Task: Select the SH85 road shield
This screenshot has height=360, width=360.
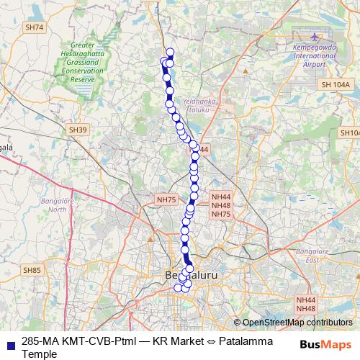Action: coord(32,270)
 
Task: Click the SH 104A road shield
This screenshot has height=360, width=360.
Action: coord(335,85)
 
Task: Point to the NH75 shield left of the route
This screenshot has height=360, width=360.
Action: coord(166,199)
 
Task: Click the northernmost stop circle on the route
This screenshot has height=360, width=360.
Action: coord(170,51)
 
